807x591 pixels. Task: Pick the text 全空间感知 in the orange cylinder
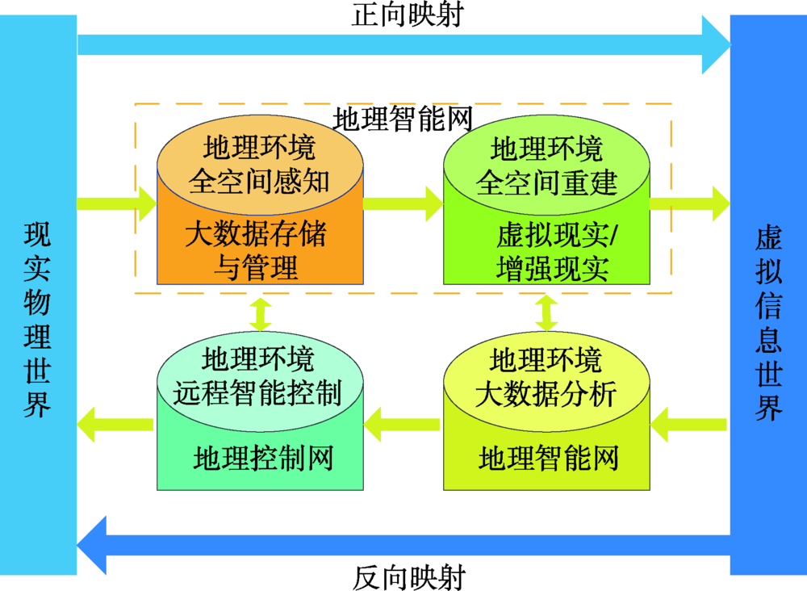pyautogui.click(x=259, y=182)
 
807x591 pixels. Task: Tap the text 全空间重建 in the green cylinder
pyautogui.click(x=546, y=182)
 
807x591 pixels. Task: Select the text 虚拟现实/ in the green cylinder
pyautogui.click(x=557, y=237)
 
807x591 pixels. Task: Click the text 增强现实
pyautogui.click(x=552, y=269)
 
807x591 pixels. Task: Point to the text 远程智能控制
pyautogui.click(x=258, y=392)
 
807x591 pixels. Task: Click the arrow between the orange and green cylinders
pyautogui.click(x=403, y=203)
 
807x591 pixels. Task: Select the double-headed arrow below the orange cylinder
pyautogui.click(x=260, y=313)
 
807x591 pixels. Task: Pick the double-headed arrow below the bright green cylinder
pyautogui.click(x=547, y=313)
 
